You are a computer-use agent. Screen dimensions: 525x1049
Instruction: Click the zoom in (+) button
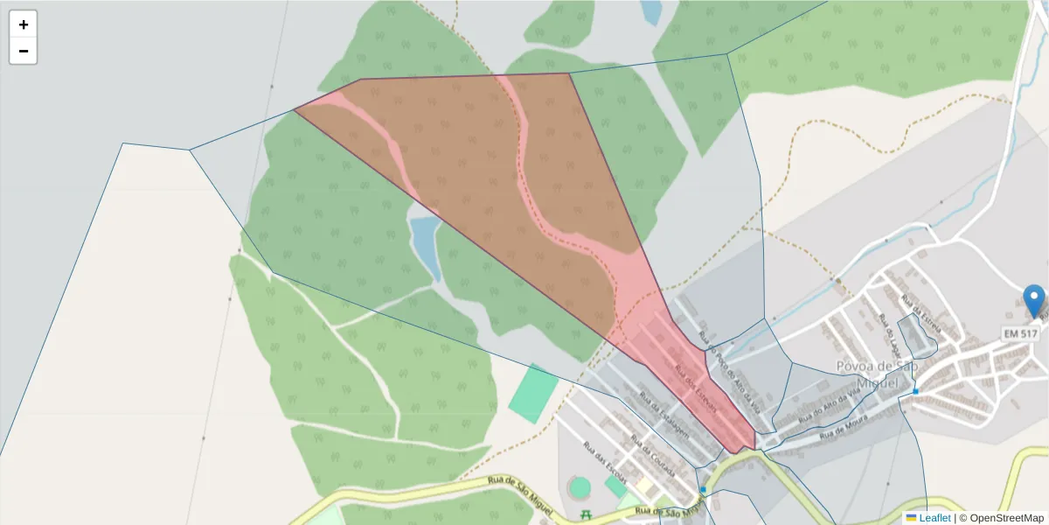pyautogui.click(x=24, y=24)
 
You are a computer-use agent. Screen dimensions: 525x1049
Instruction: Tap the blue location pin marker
pyautogui.click(x=1034, y=300)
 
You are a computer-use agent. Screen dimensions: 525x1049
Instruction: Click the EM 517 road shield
pyautogui.click(x=1020, y=334)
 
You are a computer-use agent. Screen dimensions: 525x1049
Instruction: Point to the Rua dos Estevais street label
pyautogui.click(x=696, y=388)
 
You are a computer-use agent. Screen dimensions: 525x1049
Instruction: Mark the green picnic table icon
pyautogui.click(x=587, y=514)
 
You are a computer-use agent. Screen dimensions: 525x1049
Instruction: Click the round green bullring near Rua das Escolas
pyautogui.click(x=580, y=488)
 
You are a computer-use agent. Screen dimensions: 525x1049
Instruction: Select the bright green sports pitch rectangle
pyautogui.click(x=532, y=394)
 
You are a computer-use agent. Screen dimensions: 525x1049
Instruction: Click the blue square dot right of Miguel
pyautogui.click(x=915, y=391)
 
